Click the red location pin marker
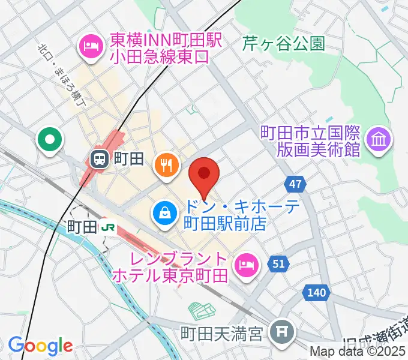pos(204,175)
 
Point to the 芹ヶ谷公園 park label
pos(284,43)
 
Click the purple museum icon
pos(379,140)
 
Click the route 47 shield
pos(295,184)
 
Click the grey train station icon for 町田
pos(99,159)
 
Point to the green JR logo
pos(109,226)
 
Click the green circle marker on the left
pos(49,141)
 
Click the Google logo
pos(40,346)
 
